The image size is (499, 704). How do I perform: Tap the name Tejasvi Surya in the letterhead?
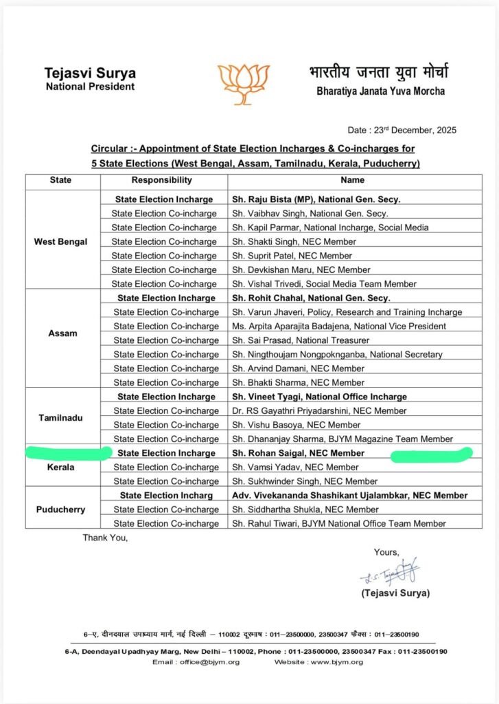tap(90, 74)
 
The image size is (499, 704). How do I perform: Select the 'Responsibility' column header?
tap(162, 180)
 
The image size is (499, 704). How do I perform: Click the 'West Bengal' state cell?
tap(60, 241)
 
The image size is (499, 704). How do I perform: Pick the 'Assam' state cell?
tap(63, 333)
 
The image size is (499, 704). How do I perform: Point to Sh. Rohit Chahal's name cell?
tap(311, 298)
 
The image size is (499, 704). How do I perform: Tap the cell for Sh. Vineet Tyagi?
tap(319, 397)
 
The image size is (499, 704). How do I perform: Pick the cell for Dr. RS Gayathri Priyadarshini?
tap(319, 410)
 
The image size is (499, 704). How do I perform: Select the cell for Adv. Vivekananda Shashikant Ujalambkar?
tap(349, 495)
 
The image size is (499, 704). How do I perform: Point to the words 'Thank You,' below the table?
tap(106, 538)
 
